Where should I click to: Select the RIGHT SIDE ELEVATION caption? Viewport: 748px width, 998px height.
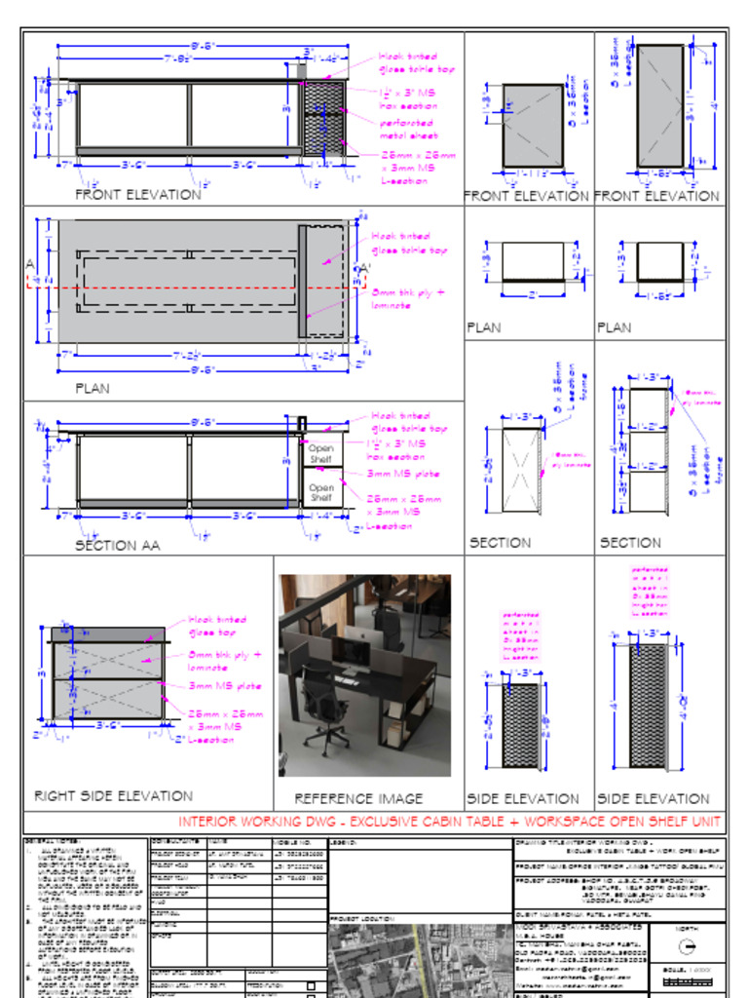point(113,796)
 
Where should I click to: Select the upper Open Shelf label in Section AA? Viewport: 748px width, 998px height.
point(321,454)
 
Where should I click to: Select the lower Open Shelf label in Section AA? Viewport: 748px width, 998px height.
point(321,493)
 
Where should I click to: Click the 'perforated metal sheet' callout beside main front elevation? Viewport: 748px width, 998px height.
point(408,130)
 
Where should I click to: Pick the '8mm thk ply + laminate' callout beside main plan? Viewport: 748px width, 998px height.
point(407,298)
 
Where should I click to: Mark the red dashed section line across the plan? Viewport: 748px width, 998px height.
point(195,288)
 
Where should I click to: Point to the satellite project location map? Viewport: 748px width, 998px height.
point(419,960)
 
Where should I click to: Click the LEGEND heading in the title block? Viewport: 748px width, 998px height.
point(346,841)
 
